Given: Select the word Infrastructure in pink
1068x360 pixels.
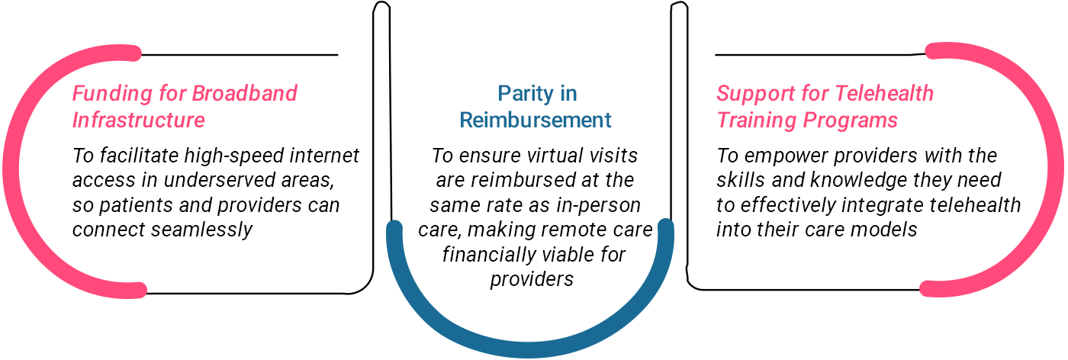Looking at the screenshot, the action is pyautogui.click(x=139, y=121).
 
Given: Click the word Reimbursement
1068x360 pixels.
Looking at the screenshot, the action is pyautogui.click(x=536, y=121).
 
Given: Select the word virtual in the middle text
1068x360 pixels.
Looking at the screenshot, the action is pyautogui.click(x=548, y=156).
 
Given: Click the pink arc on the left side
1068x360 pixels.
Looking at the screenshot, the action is pyautogui.click(x=11, y=172).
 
